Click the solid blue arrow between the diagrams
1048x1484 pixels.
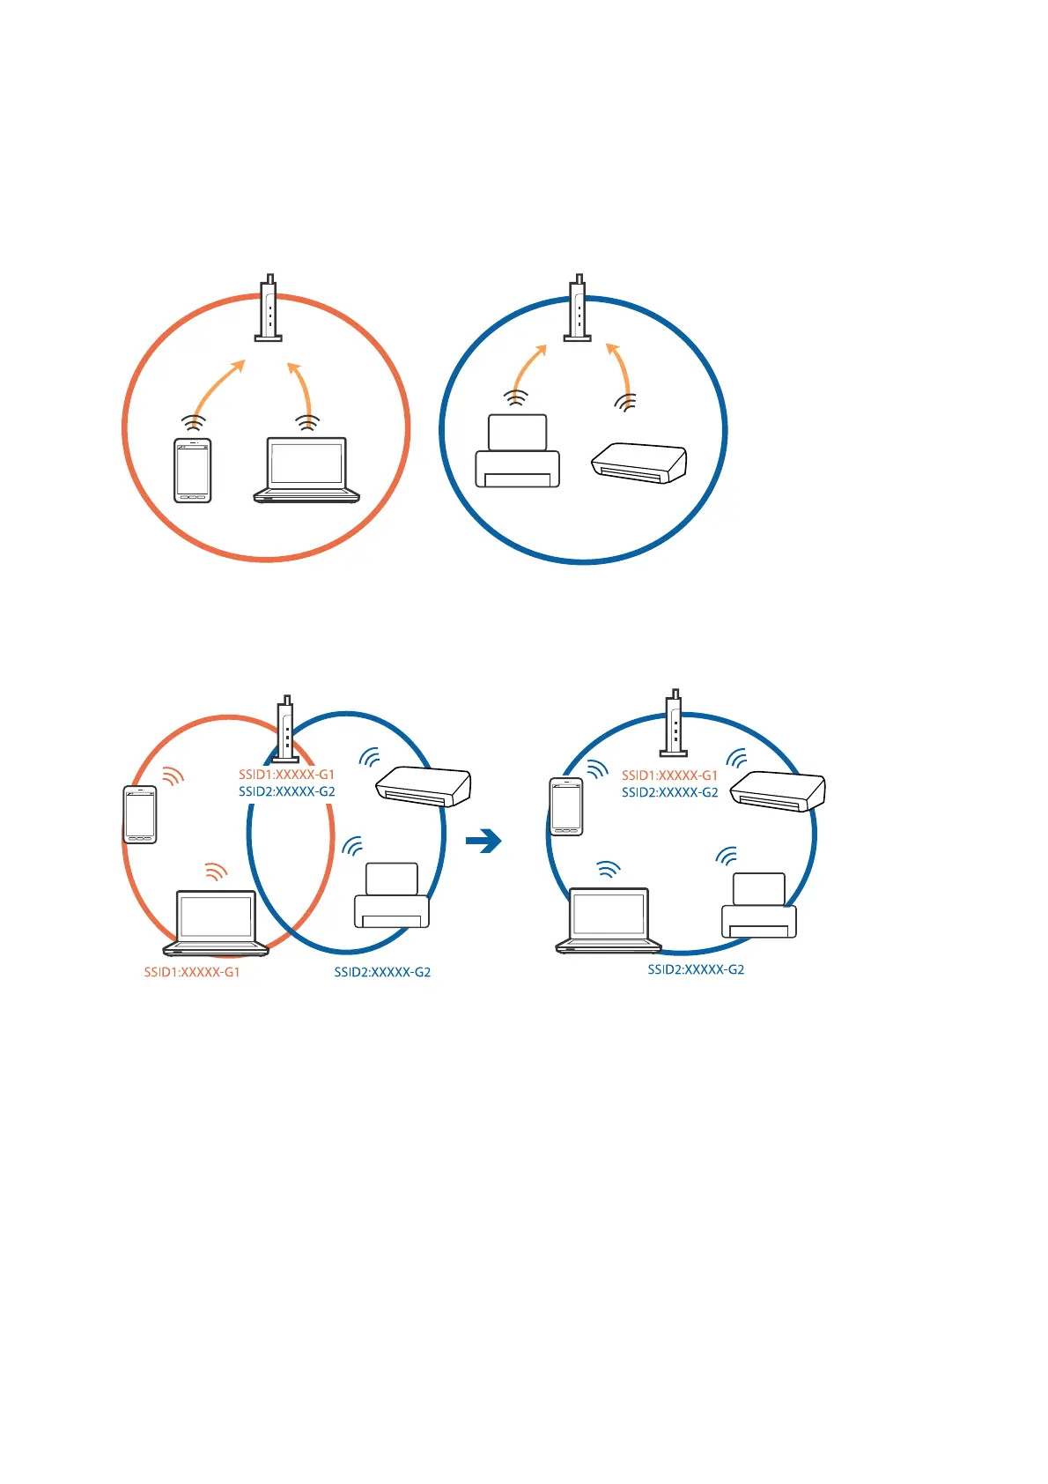tap(483, 842)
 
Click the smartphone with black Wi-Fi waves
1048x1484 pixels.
tap(193, 470)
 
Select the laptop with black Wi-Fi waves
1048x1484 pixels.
tap(306, 470)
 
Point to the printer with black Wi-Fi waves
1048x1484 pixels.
tap(517, 451)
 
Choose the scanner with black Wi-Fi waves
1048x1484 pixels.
tap(638, 463)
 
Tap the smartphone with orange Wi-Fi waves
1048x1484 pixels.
tap(140, 814)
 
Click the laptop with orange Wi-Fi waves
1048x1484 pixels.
tap(216, 923)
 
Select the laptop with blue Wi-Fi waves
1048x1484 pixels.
tap(609, 920)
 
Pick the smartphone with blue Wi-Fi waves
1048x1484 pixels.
tap(566, 806)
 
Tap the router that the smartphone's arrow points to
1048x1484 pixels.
tap(269, 308)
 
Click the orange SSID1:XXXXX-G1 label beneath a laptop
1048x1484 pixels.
tap(192, 972)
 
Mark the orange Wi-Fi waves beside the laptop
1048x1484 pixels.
tap(215, 872)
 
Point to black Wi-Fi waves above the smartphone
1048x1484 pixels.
tap(194, 423)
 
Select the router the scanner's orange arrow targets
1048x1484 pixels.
tap(578, 308)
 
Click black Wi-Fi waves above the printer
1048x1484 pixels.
tap(517, 398)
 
